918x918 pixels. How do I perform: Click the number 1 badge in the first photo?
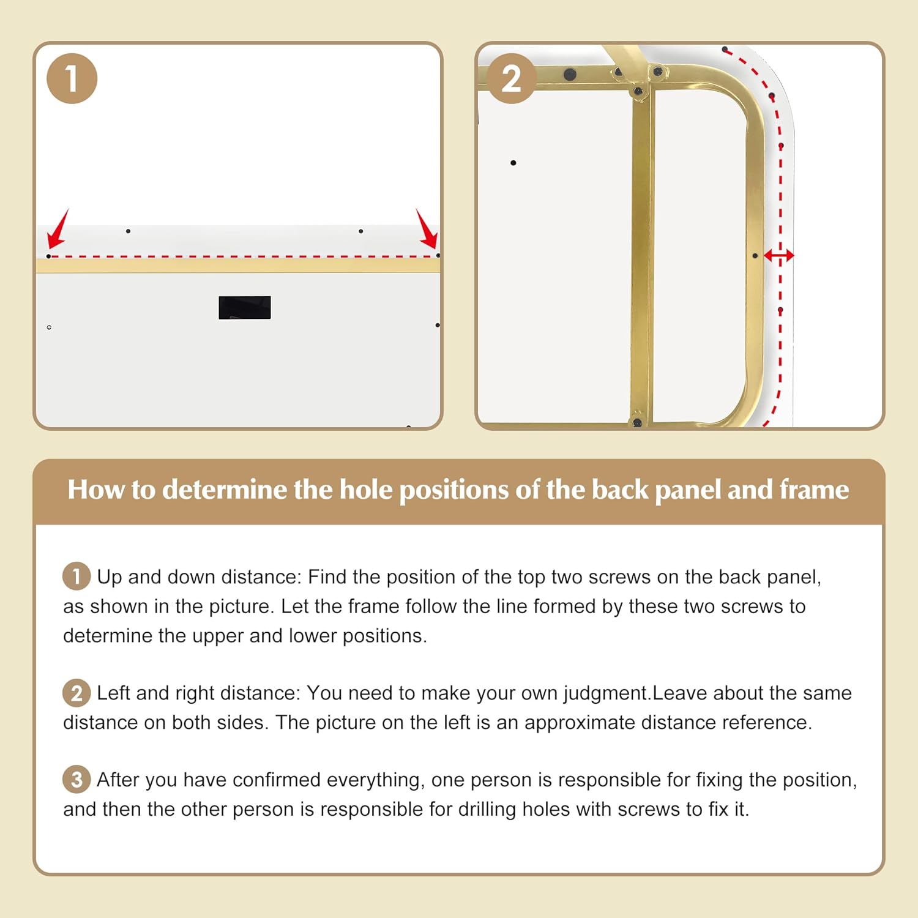pyautogui.click(x=72, y=78)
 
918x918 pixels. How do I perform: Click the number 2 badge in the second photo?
pyautogui.click(x=511, y=78)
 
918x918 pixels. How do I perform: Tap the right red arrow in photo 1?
pyautogui.click(x=427, y=228)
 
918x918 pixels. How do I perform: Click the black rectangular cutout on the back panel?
pyautogui.click(x=245, y=308)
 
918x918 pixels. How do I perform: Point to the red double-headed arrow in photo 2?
pyautogui.click(x=779, y=255)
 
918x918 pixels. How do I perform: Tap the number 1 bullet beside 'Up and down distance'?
pyautogui.click(x=76, y=576)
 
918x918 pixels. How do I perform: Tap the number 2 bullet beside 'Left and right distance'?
pyautogui.click(x=76, y=693)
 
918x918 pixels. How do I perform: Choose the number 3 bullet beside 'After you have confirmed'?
pyautogui.click(x=76, y=779)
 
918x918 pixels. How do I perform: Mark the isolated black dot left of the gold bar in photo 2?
pyautogui.click(x=513, y=163)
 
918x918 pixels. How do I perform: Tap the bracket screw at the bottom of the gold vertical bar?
pyautogui.click(x=637, y=421)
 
